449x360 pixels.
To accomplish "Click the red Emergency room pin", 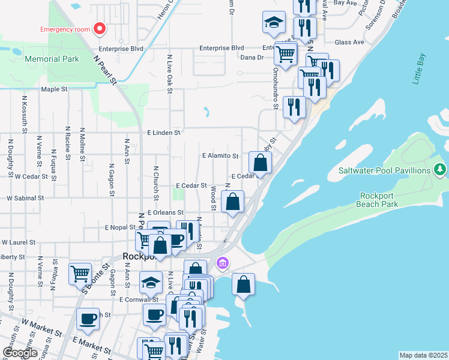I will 100,28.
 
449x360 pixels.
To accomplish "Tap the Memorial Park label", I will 52,59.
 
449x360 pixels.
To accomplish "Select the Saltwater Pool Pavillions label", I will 385,170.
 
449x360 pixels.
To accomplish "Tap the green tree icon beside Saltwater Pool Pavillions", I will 440,170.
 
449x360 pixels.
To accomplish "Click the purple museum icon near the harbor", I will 223,263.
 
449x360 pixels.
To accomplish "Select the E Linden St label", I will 164,132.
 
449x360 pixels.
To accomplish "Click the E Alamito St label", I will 220,155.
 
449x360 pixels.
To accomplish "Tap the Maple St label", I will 53,89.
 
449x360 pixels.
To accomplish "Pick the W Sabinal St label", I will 25,197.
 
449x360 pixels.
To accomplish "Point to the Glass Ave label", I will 349,42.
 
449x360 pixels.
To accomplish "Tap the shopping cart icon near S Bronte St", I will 80,274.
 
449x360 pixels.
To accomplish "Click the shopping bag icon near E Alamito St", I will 260,163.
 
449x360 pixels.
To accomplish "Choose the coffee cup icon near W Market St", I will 88,319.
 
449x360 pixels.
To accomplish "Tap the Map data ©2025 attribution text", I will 423,355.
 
